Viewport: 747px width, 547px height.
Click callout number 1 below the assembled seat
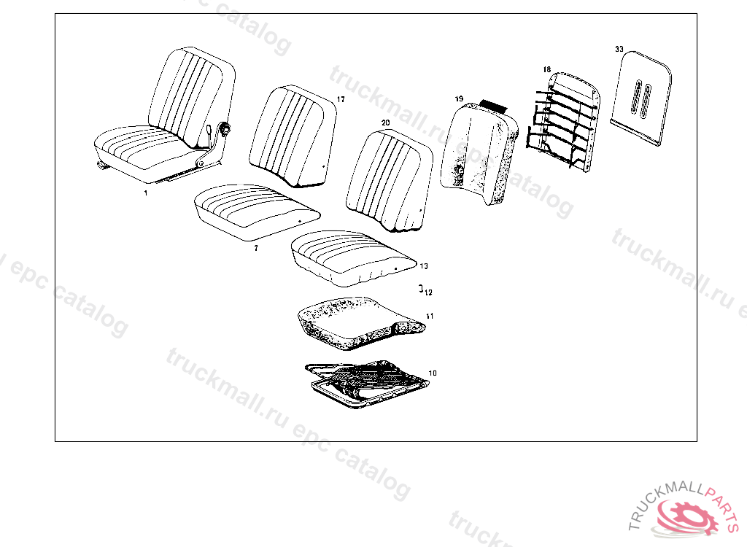pos(145,193)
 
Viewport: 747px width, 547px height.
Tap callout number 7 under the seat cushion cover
pos(255,249)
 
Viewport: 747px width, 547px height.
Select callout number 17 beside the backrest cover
pos(341,99)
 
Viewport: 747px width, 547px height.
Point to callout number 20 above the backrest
pos(385,123)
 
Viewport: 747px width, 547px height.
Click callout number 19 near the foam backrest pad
pos(459,98)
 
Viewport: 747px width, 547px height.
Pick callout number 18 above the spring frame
pos(546,70)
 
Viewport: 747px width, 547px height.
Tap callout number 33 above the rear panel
pos(619,49)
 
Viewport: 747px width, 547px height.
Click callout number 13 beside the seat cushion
pos(424,266)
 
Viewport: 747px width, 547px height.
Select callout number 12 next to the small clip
pos(428,292)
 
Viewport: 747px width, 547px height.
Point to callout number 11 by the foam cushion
pos(430,317)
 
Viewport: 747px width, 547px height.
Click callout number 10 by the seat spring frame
pos(433,373)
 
